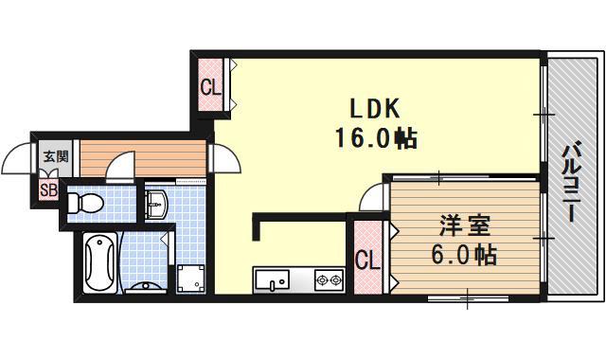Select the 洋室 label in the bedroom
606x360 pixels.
click(x=460, y=227)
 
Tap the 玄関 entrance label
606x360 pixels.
click(x=55, y=157)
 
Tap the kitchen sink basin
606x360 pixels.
click(x=276, y=280)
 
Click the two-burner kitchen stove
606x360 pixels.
click(x=329, y=280)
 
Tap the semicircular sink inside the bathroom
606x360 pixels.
click(x=147, y=287)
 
